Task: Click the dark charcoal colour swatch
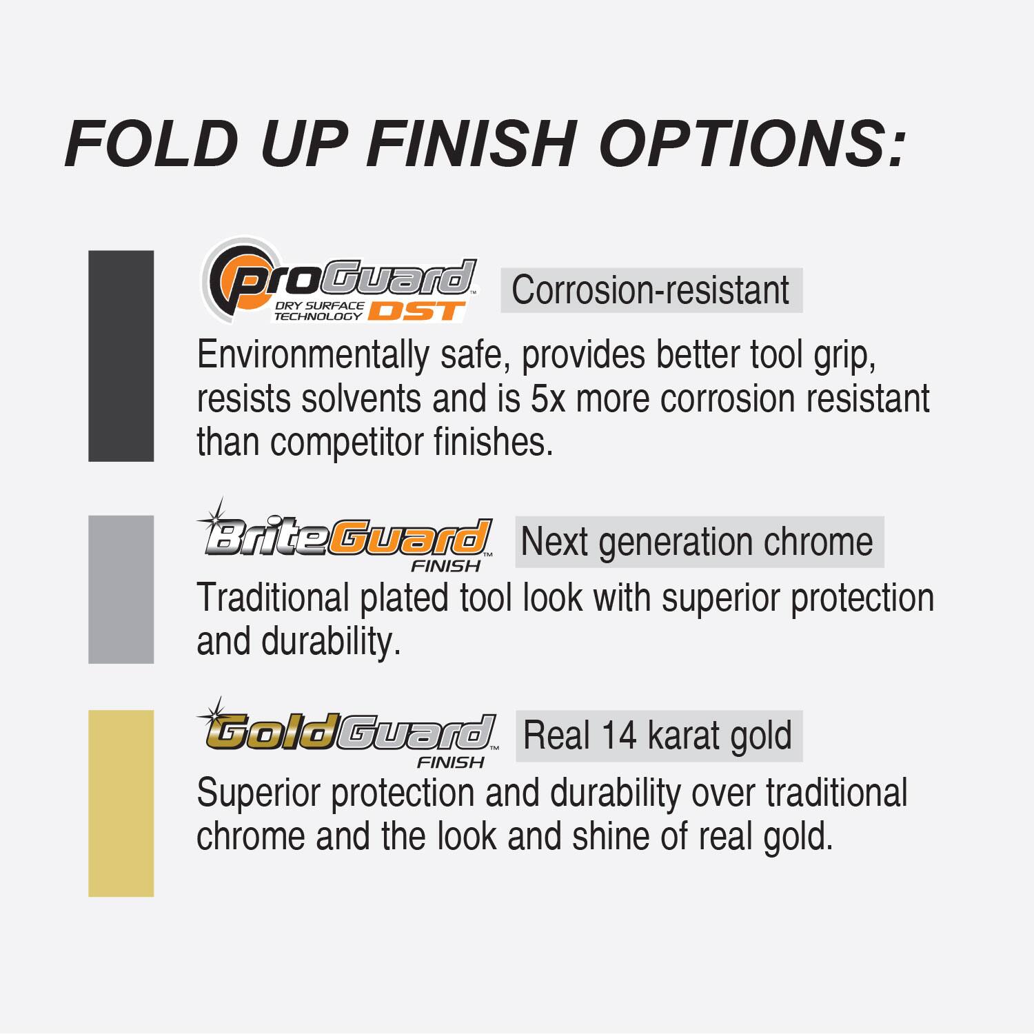pos(121,356)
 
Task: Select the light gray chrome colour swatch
pos(121,589)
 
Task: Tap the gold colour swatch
pos(121,803)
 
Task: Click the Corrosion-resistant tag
pos(651,290)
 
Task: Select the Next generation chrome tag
pos(698,542)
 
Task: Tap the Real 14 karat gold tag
pos(658,736)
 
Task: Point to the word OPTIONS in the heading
pos(751,143)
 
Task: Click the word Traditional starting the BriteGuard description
pos(273,598)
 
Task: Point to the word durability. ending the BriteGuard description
pos(331,641)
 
